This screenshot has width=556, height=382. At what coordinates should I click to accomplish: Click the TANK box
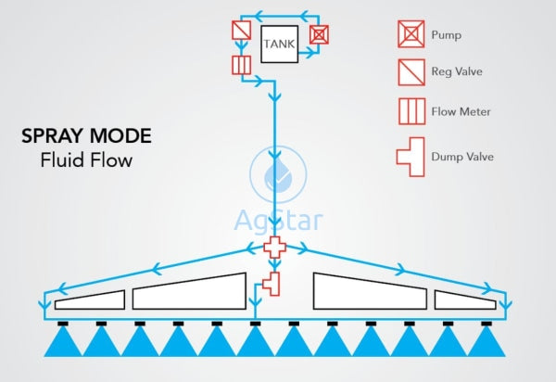click(279, 43)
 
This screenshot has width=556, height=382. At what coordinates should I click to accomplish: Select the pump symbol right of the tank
click(319, 34)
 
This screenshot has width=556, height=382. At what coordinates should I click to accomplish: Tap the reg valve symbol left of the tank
click(240, 32)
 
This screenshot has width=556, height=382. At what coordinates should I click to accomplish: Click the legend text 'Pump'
click(446, 36)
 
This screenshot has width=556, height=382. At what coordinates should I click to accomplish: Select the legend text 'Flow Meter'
click(461, 112)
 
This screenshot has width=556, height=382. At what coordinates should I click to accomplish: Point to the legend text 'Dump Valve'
click(462, 157)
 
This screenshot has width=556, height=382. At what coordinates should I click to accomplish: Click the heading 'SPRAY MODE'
click(86, 137)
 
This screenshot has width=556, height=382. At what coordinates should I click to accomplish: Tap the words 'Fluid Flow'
click(86, 160)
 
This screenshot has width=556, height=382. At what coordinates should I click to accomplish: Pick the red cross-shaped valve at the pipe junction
click(275, 248)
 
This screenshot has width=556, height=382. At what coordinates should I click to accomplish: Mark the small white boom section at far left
click(90, 299)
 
